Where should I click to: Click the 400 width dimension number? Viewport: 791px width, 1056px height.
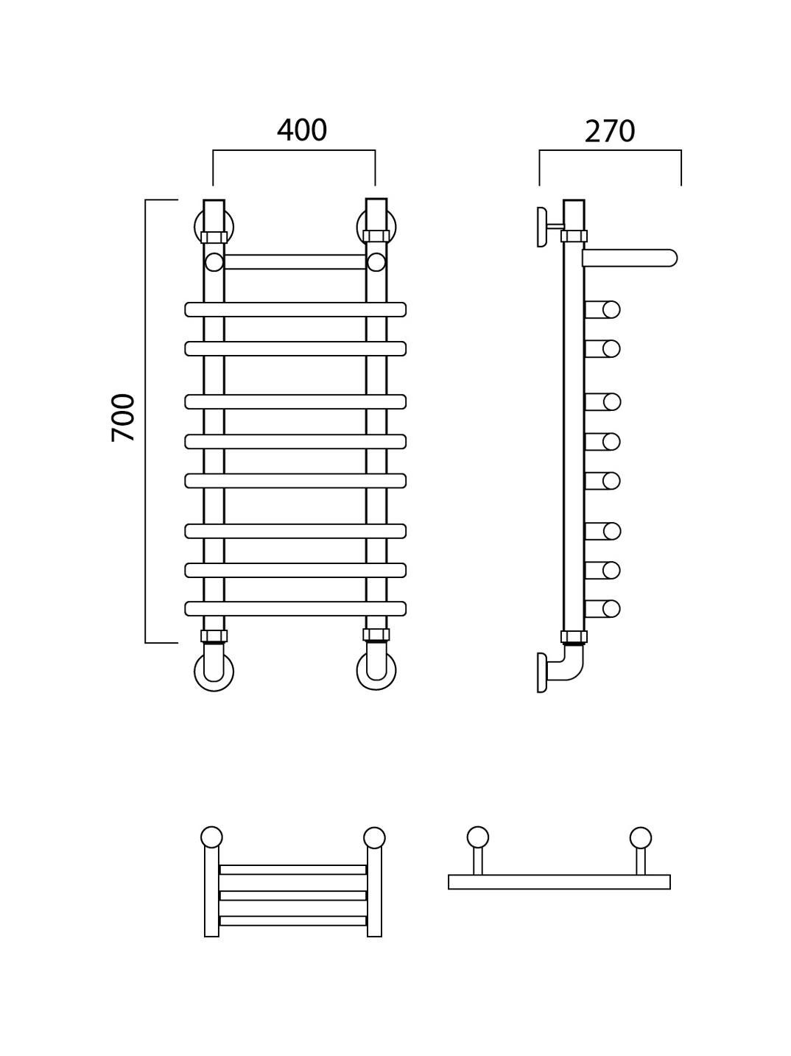pos(302,130)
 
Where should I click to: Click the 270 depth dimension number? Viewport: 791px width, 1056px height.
pos(610,131)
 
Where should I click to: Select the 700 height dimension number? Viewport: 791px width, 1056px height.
pos(123,417)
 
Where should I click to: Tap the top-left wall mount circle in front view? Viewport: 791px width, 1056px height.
pos(197,226)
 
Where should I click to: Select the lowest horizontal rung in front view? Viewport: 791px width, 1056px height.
pos(295,608)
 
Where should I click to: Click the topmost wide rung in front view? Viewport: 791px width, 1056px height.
pos(295,309)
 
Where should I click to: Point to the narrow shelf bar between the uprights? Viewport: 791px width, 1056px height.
pos(295,261)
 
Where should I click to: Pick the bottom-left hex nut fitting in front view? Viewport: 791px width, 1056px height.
pos(214,636)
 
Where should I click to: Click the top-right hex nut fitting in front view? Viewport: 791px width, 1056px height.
pos(376,236)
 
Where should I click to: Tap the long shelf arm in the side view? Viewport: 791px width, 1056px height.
pos(629,258)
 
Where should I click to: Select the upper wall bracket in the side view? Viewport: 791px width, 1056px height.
pos(542,227)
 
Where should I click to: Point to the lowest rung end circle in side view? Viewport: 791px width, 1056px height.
pos(611,608)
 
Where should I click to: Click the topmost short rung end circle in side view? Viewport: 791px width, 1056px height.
pos(611,309)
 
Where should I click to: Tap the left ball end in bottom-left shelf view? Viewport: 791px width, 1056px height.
pos(211,837)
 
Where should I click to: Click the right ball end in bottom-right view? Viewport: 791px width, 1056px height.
pos(641,837)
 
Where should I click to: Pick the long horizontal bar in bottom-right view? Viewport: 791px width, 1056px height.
pos(559,882)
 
